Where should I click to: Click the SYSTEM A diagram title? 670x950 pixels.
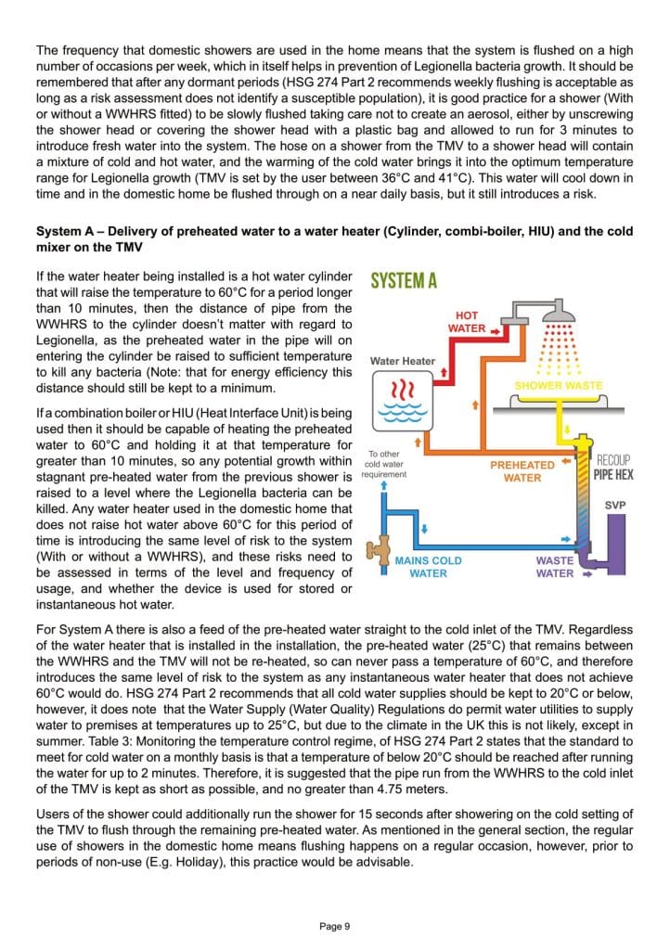pyautogui.click(x=404, y=281)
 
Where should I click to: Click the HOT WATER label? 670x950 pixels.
pyautogui.click(x=467, y=322)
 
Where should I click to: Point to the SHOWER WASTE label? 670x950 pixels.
pyautogui.click(x=558, y=385)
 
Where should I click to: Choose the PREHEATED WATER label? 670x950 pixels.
pyautogui.click(x=522, y=471)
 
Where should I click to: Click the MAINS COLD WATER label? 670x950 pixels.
pyautogui.click(x=428, y=567)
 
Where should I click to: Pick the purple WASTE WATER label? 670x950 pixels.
pyautogui.click(x=554, y=567)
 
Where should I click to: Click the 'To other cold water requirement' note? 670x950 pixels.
pyautogui.click(x=384, y=464)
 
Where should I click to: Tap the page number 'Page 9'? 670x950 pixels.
pyautogui.click(x=334, y=925)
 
